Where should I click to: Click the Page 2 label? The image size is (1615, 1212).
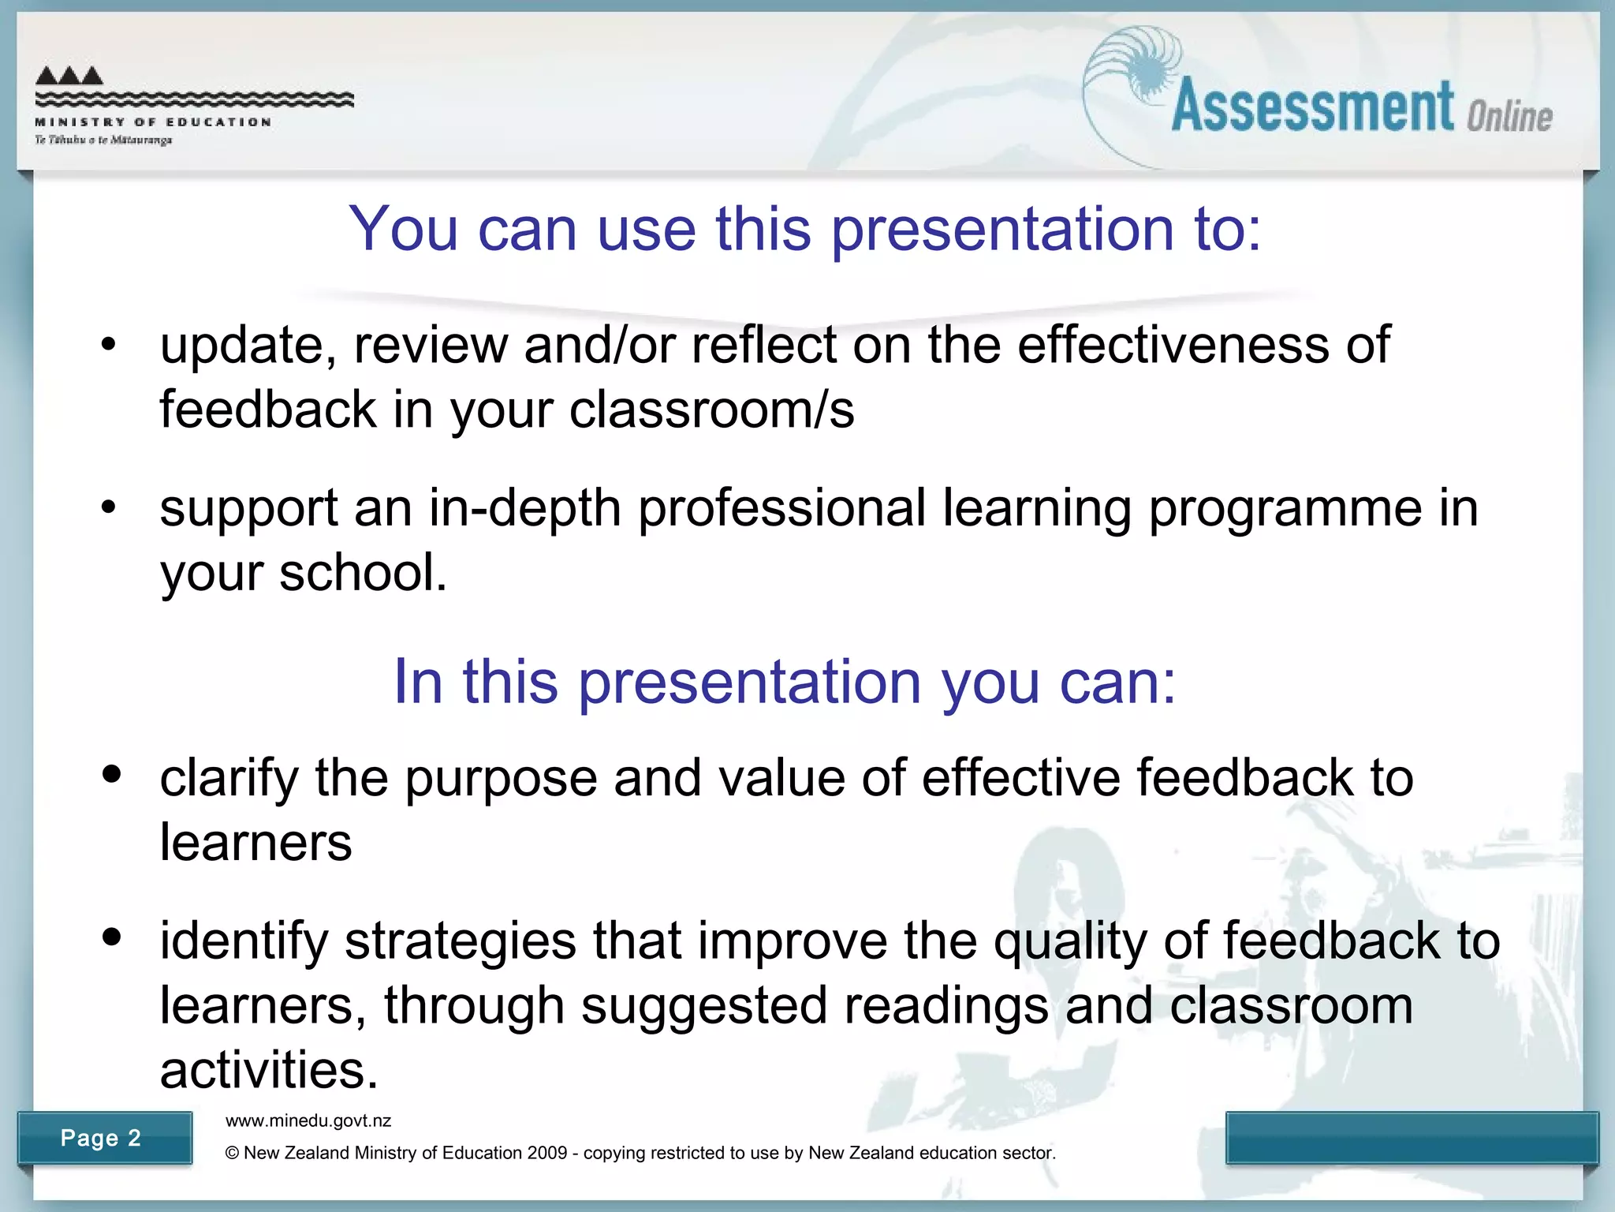click(100, 1138)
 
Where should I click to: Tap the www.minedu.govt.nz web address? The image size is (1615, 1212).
click(308, 1120)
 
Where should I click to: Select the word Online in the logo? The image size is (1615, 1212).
click(1509, 117)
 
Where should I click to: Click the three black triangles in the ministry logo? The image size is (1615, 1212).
click(69, 76)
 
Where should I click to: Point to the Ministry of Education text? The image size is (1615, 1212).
click(153, 122)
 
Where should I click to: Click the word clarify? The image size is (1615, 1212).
click(229, 780)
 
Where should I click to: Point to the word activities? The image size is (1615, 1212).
click(268, 1071)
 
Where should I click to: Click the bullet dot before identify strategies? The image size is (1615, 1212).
click(112, 937)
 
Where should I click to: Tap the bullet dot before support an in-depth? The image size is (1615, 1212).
click(109, 507)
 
